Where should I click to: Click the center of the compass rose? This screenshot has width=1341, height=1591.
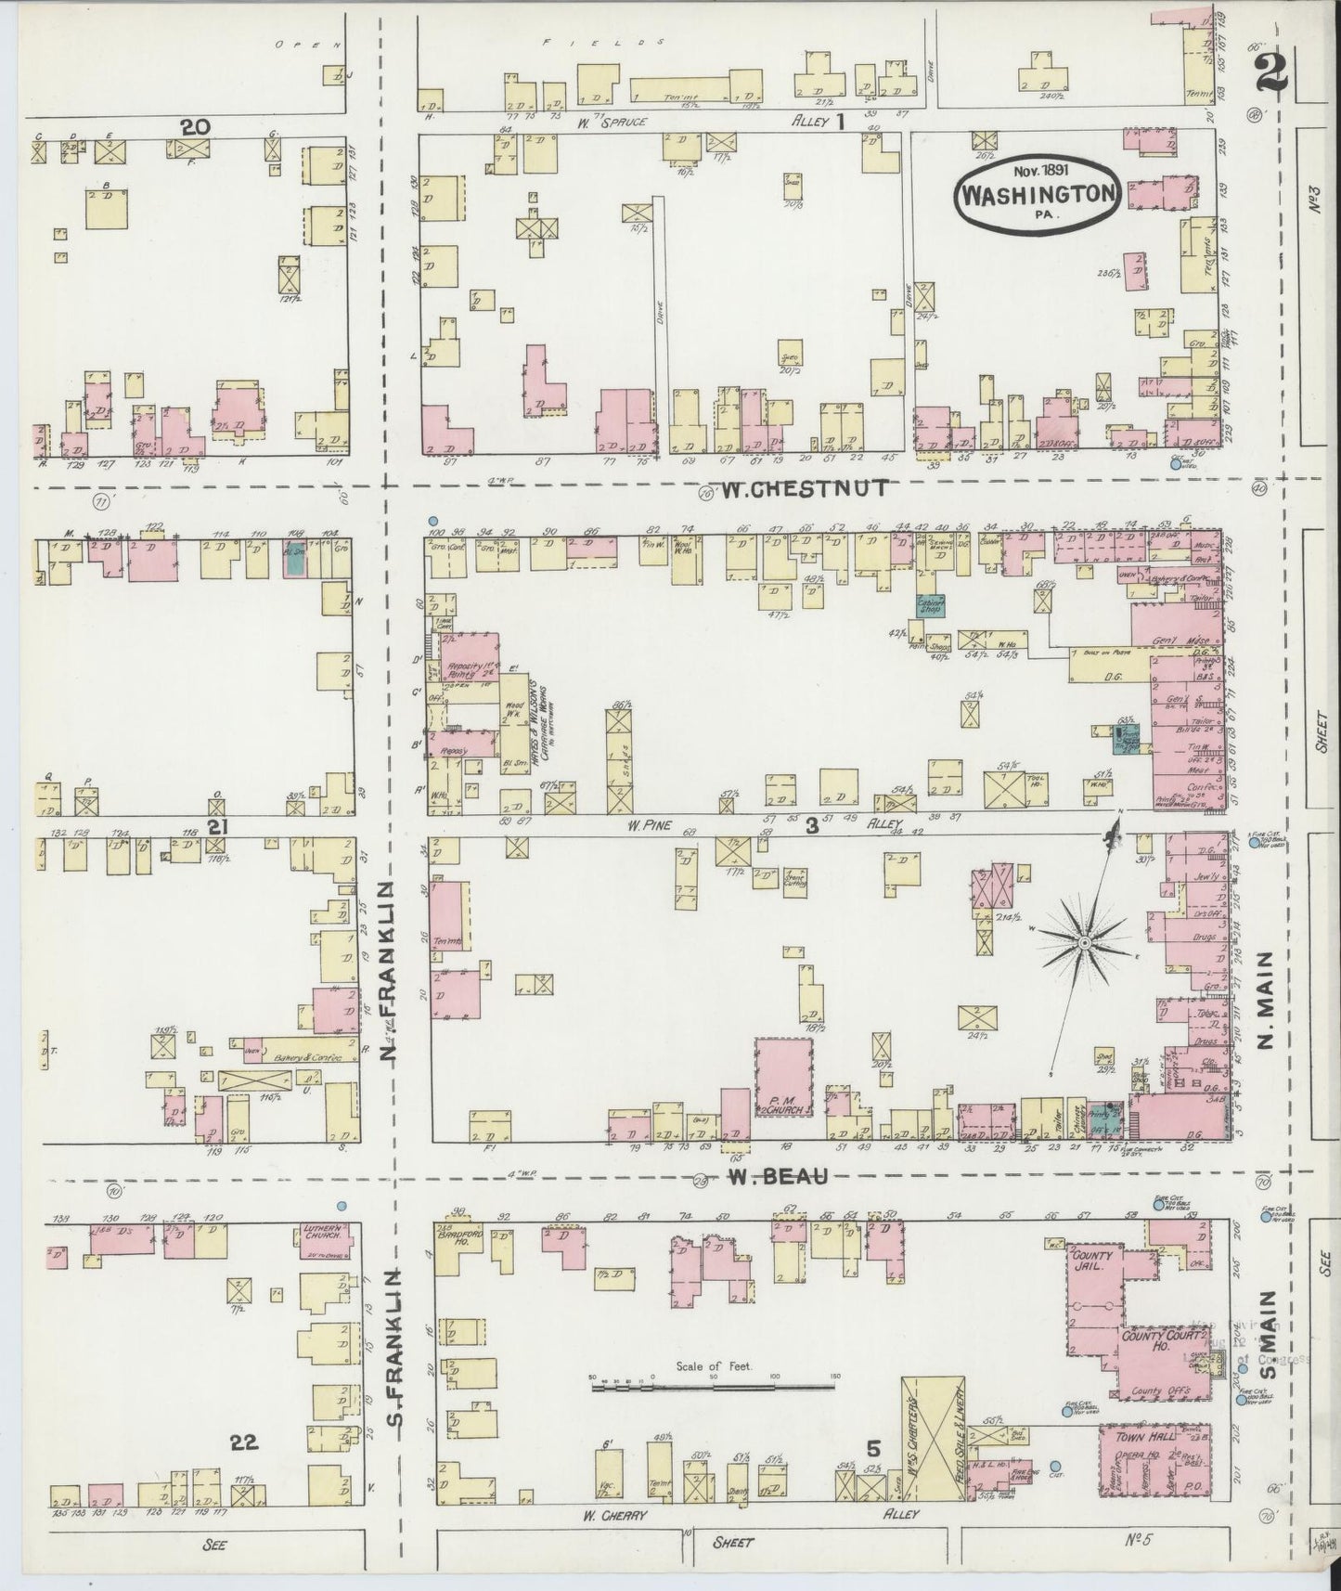click(1083, 942)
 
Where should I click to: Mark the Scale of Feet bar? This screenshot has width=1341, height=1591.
click(713, 1386)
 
